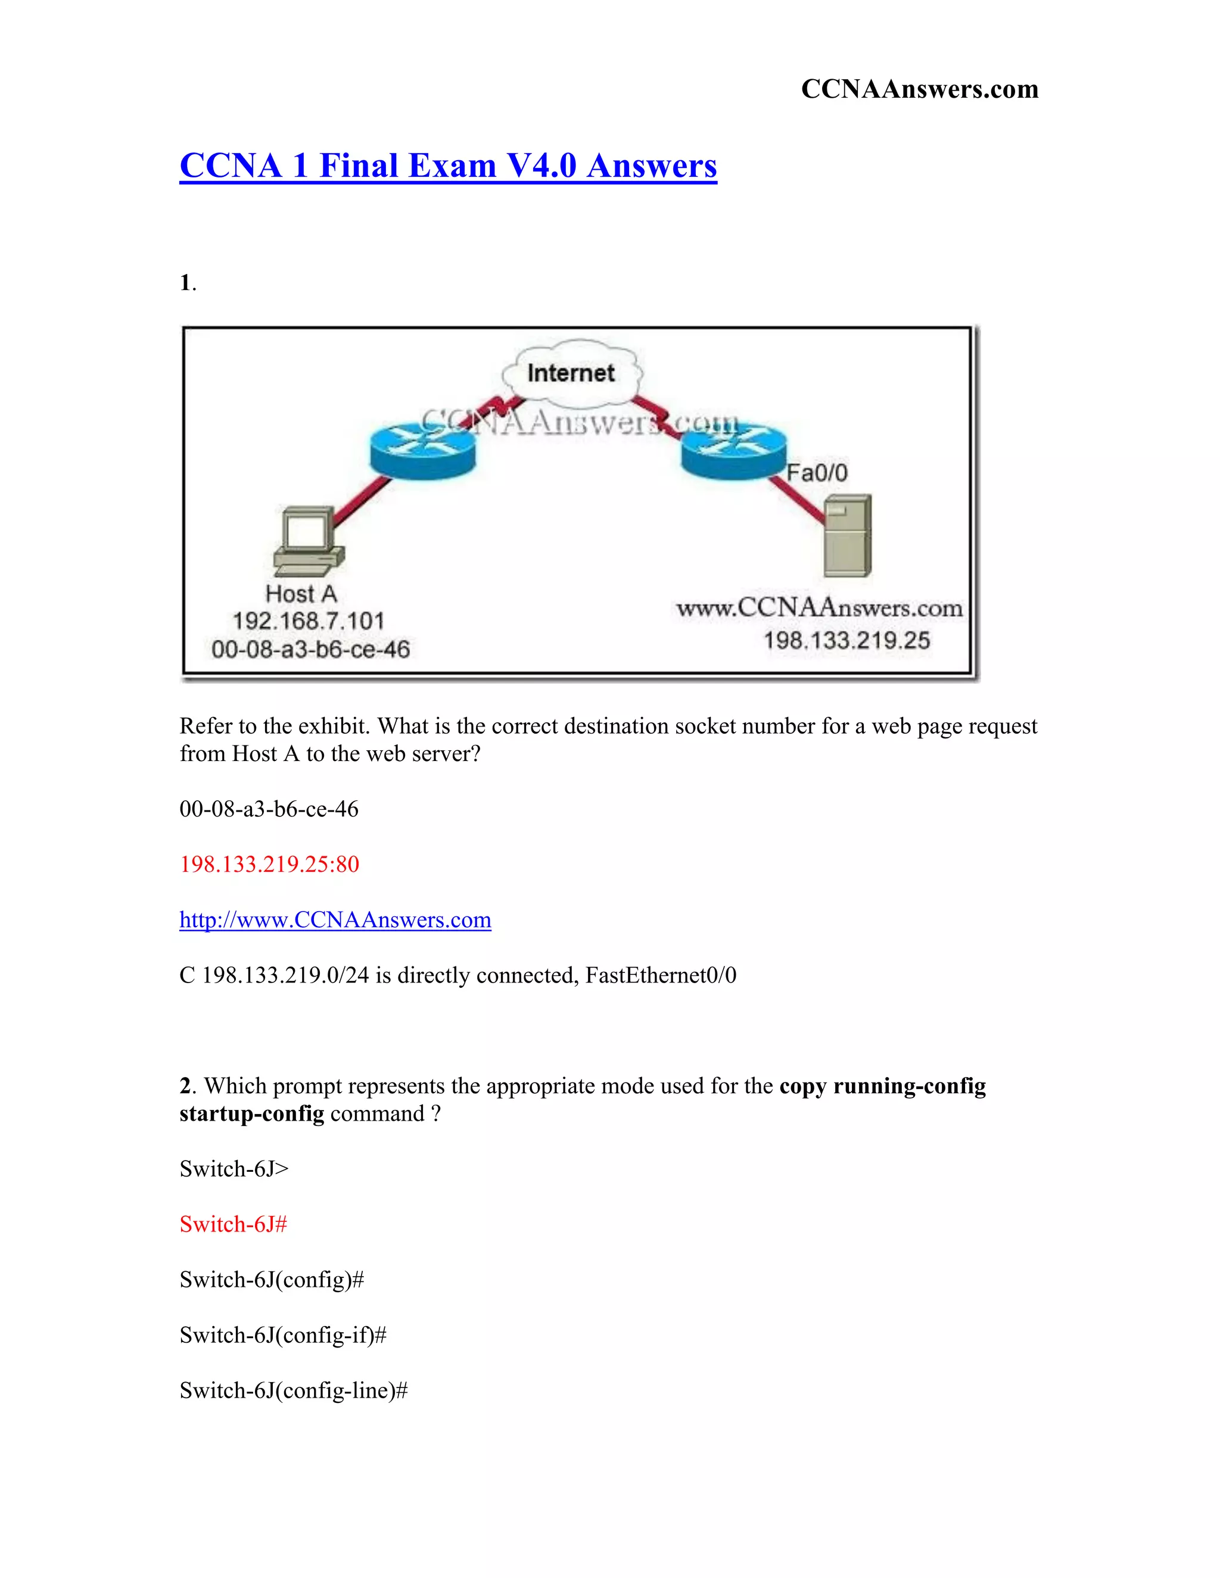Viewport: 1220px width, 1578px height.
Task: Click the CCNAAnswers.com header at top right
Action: click(919, 89)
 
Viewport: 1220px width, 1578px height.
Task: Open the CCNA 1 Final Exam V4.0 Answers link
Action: click(448, 166)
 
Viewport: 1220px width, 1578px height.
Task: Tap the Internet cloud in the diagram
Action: click(571, 373)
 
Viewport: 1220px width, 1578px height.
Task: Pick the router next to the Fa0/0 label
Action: click(733, 450)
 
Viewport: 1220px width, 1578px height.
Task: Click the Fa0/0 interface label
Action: click(817, 473)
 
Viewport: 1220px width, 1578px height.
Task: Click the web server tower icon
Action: click(848, 535)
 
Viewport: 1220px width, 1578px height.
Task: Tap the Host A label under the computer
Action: click(301, 594)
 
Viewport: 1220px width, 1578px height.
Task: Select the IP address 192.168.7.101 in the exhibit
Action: click(309, 620)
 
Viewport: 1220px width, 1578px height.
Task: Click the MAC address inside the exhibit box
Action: click(311, 649)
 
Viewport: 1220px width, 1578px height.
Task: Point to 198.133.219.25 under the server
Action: click(847, 640)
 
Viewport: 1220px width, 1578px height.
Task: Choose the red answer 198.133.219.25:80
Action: click(269, 864)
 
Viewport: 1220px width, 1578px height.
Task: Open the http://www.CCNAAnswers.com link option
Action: click(335, 920)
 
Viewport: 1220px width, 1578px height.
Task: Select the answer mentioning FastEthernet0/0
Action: click(457, 975)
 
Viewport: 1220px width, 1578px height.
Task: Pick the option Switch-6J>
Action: click(234, 1169)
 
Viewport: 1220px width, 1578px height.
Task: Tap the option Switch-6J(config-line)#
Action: click(294, 1391)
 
